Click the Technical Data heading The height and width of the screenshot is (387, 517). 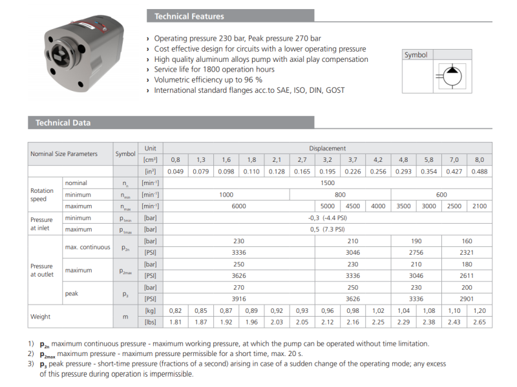coord(63,123)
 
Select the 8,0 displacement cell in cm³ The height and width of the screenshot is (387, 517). coord(479,159)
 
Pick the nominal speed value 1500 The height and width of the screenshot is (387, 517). coord(327,183)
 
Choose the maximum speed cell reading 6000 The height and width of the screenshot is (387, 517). coord(238,206)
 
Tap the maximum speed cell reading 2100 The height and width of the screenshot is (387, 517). coord(479,206)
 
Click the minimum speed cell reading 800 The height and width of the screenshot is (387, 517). coord(340,194)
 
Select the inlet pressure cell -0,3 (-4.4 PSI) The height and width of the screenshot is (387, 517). coord(327,217)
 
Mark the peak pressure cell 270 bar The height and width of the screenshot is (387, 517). coord(238,287)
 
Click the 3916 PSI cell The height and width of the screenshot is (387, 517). coord(238,299)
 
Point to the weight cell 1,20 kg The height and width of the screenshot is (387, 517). coord(479,310)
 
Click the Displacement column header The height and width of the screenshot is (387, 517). coord(327,148)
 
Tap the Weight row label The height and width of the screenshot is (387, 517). coord(41,316)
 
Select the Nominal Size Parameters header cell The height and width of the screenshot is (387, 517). coord(64,154)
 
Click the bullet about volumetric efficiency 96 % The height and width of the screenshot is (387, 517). coord(207,80)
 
